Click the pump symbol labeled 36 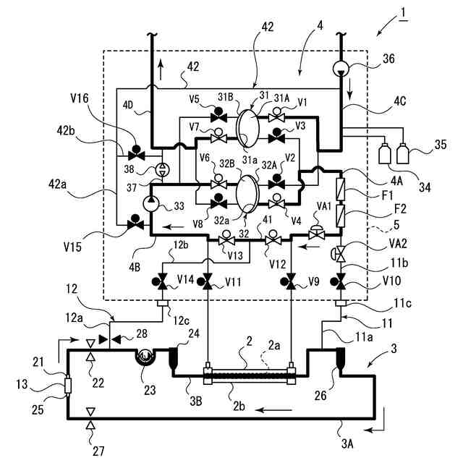(341, 69)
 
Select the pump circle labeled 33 (150, 204)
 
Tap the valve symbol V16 (137, 153)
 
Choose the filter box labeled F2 (341, 216)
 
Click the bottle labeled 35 (402, 153)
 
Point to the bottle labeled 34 (384, 153)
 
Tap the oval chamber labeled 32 (247, 194)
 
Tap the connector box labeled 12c (162, 303)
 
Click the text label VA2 (398, 244)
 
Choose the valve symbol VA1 (316, 232)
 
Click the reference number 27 (98, 451)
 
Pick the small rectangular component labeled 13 (68, 385)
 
